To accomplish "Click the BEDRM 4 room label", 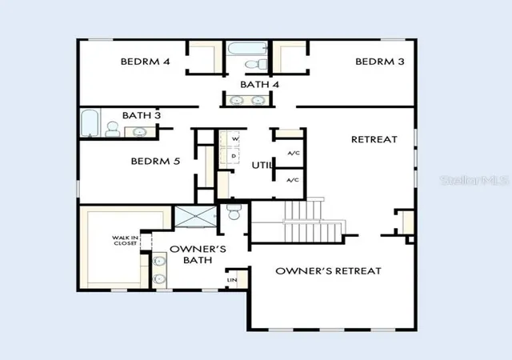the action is (146, 62).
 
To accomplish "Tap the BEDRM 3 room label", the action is (380, 62).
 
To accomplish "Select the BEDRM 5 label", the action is (155, 161).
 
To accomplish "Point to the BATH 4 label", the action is (259, 85).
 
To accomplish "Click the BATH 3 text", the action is (142, 115).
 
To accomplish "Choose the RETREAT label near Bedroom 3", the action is (374, 139).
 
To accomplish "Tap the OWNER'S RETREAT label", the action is (328, 271).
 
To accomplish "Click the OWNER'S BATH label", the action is (198, 254).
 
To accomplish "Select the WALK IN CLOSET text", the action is (125, 241).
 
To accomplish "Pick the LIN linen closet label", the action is (232, 280).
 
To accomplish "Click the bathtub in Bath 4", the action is (247, 49).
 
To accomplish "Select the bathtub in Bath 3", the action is (89, 123).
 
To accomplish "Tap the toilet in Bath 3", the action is (112, 129).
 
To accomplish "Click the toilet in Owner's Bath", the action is (234, 212).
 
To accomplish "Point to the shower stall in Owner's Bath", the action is (195, 216).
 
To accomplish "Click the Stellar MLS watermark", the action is (474, 180).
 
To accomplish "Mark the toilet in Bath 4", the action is (256, 64).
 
